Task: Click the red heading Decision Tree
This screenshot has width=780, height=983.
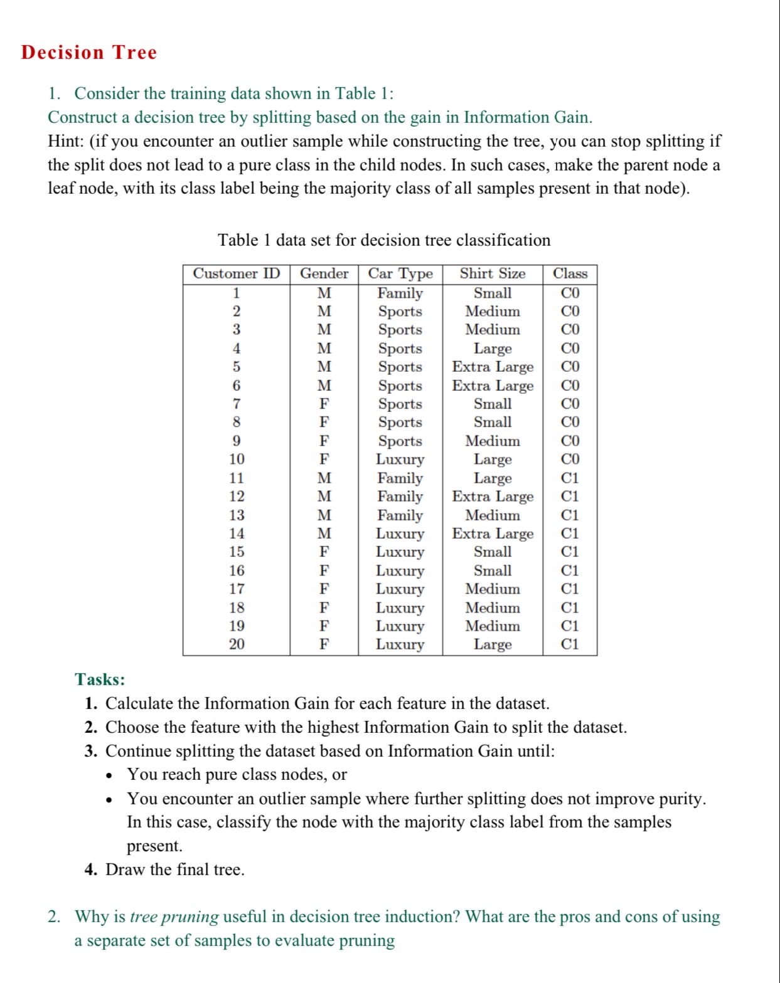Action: [x=88, y=53]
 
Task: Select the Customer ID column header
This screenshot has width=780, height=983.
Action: [x=236, y=274]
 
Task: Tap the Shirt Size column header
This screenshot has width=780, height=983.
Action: [x=492, y=274]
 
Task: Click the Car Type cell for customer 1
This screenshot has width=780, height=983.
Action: [x=400, y=293]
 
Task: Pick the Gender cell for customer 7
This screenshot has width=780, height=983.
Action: [x=324, y=404]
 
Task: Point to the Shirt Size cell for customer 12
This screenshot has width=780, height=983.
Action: [x=492, y=497]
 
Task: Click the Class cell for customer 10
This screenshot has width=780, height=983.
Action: [x=570, y=460]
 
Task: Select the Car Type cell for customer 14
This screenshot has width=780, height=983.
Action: [x=400, y=534]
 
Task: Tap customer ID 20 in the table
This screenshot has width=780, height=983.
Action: [x=237, y=644]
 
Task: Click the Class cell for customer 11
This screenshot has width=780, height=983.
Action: [x=570, y=478]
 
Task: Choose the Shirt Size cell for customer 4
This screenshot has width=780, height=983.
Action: [x=492, y=349]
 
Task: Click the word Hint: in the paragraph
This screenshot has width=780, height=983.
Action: [x=66, y=141]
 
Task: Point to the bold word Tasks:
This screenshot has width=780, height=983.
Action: [x=100, y=680]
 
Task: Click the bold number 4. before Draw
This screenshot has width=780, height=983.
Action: [x=91, y=870]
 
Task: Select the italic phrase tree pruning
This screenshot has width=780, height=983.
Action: [x=174, y=917]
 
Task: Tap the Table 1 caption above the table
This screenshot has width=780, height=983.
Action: [x=383, y=240]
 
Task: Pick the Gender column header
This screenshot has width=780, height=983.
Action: [x=324, y=274]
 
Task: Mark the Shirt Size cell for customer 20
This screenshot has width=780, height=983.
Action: [x=492, y=644]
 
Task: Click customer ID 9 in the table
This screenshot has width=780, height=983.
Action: [x=237, y=441]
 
